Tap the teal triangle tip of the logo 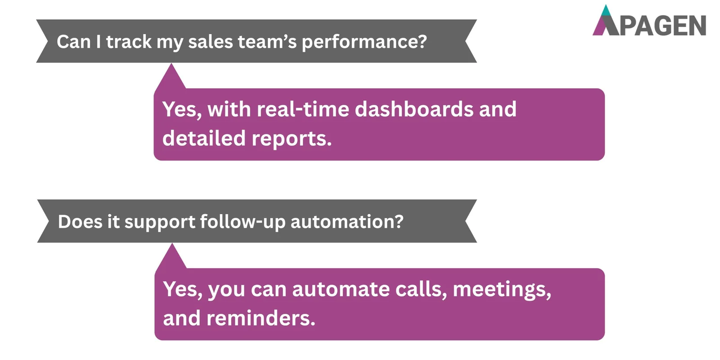click(606, 11)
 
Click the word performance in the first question click(364, 42)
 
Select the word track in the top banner click(129, 42)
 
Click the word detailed click(204, 138)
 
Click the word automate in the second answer click(341, 289)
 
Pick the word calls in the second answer click(421, 289)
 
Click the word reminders click(261, 319)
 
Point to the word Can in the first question click(73, 42)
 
